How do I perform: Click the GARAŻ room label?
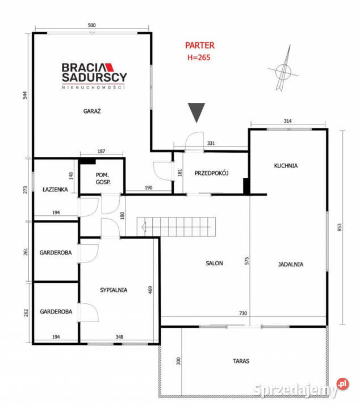point(92,111)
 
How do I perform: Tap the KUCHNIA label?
point(286,166)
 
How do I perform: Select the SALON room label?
point(214,263)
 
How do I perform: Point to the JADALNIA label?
point(290,264)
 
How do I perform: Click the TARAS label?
point(241,361)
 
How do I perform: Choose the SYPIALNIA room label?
point(114,290)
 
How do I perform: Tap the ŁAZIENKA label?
point(55,189)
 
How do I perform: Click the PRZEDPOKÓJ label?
point(212,173)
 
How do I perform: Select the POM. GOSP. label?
point(103,178)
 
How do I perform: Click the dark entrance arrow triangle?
point(196,112)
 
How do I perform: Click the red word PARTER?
point(200,45)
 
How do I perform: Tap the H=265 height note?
point(199,57)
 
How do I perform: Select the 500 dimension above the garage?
point(92,26)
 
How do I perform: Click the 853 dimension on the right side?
point(339,227)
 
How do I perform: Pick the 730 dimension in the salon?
point(243,313)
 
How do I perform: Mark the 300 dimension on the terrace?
point(178,361)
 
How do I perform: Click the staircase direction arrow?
point(176,227)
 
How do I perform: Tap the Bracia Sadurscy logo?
point(94,76)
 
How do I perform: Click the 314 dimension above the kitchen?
point(287,121)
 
